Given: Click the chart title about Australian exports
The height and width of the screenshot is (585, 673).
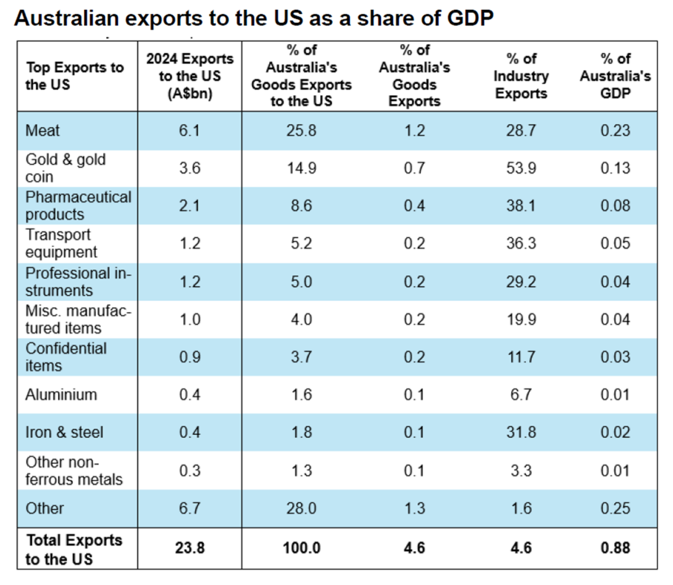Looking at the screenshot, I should pyautogui.click(x=254, y=19).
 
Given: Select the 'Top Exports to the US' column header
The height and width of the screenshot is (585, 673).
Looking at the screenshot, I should pyautogui.click(x=74, y=76).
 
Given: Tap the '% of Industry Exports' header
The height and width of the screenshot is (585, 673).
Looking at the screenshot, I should pyautogui.click(x=521, y=76).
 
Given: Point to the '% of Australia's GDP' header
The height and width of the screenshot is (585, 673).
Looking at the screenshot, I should pyautogui.click(x=615, y=76).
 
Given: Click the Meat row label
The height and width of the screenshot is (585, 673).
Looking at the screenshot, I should pyautogui.click(x=42, y=131).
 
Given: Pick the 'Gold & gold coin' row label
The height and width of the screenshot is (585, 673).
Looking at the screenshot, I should pyautogui.click(x=65, y=168).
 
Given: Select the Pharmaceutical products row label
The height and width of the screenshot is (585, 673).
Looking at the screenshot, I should pyautogui.click(x=78, y=206).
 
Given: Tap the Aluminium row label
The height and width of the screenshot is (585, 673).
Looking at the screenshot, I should pyautogui.click(x=61, y=395).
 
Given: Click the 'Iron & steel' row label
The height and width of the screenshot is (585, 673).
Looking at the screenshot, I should pyautogui.click(x=64, y=432).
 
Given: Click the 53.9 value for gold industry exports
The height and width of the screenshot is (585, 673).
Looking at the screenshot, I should pyautogui.click(x=521, y=168).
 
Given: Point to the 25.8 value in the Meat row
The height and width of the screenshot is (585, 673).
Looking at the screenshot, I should pyautogui.click(x=301, y=131).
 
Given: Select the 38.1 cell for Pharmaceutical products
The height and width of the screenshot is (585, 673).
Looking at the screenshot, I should pyautogui.click(x=521, y=206).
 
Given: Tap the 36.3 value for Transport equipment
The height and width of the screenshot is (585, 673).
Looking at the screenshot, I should pyautogui.click(x=521, y=243).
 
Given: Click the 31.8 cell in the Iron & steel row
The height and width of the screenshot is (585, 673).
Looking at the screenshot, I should pyautogui.click(x=521, y=432).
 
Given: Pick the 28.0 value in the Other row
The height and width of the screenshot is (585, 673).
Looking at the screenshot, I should pyautogui.click(x=301, y=508).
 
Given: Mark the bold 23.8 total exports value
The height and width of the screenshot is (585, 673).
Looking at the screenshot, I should pyautogui.click(x=190, y=548).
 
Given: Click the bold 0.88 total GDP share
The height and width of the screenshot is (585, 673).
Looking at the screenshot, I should pyautogui.click(x=615, y=548).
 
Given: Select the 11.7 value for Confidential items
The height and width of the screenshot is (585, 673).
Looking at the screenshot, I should pyautogui.click(x=521, y=357).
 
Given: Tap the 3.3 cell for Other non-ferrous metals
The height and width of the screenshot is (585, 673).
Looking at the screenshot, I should pyautogui.click(x=521, y=470).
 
